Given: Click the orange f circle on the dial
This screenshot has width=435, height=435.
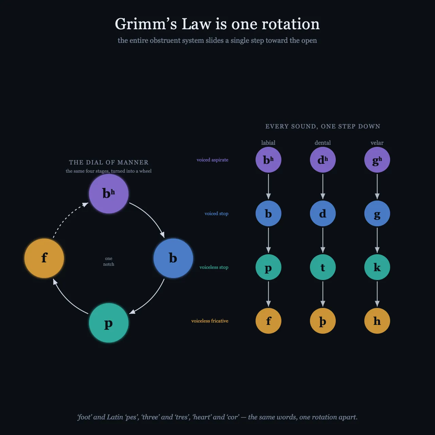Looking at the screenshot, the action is point(44,258).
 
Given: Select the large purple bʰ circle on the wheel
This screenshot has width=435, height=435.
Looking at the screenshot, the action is point(109,194).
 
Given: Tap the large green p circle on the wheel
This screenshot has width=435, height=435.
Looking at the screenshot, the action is point(109,323).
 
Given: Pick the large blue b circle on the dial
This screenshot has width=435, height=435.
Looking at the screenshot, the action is point(173,258).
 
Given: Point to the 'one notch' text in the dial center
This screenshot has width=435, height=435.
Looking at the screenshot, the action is point(109,261).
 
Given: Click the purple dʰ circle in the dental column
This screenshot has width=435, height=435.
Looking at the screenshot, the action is point(323,160).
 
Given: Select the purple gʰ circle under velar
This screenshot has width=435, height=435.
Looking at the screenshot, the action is point(377,160).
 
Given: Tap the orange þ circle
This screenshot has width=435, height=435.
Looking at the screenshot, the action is point(323,321).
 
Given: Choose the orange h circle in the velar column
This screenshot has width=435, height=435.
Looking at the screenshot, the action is point(377,321).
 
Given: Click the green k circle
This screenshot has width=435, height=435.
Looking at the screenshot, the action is point(377,267).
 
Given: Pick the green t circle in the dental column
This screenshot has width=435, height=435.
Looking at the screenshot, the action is point(323,267).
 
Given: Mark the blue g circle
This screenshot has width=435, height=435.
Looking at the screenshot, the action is point(377,213).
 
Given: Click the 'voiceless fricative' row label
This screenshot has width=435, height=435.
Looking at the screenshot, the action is point(210,321).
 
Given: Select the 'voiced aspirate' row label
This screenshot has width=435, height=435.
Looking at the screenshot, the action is point(212,160).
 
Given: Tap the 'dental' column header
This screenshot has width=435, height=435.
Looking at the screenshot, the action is point(323,143).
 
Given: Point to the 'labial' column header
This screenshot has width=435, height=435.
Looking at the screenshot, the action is point(268,143).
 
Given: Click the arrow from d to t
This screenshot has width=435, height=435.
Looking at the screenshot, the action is point(323,240).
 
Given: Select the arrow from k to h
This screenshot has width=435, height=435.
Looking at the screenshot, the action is point(377,294).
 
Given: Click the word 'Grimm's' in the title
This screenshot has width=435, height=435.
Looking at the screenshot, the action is point(146,24).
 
